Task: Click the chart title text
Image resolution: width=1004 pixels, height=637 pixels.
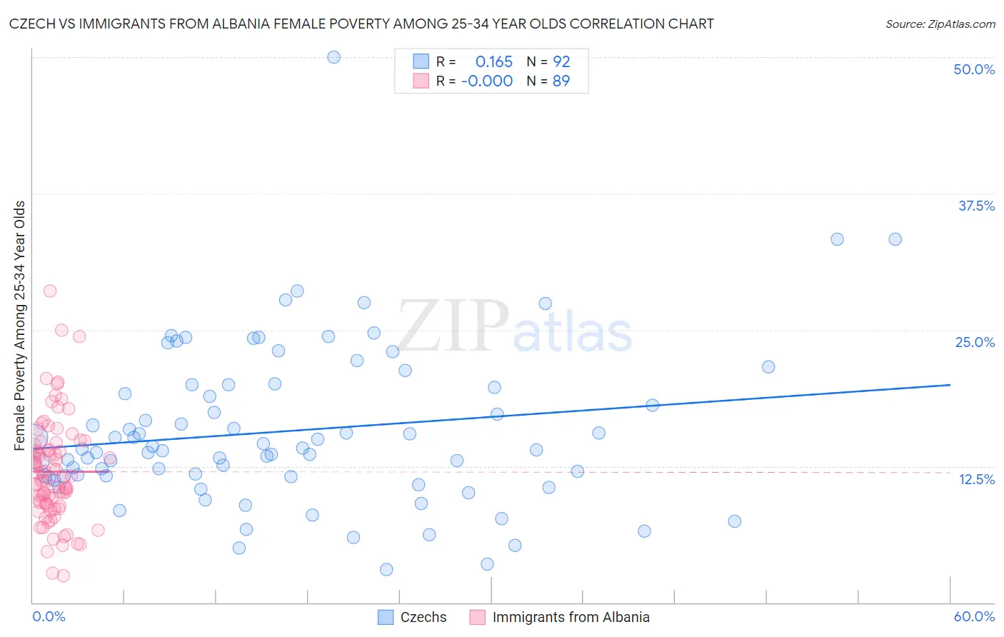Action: (x=361, y=24)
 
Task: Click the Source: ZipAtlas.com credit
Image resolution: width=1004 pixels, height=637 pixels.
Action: (x=940, y=24)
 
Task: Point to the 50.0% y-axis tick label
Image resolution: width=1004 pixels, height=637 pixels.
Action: (x=974, y=69)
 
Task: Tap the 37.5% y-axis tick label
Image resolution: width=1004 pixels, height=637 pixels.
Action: (x=976, y=206)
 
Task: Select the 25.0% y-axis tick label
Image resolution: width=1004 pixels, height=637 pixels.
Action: (x=975, y=342)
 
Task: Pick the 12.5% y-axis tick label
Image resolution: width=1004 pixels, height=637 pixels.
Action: (x=976, y=479)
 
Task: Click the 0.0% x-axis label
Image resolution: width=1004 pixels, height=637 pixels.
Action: (x=49, y=616)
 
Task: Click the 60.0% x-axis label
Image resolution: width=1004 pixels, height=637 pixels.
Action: (x=974, y=616)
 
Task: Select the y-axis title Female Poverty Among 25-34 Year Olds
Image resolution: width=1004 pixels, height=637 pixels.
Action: (x=20, y=326)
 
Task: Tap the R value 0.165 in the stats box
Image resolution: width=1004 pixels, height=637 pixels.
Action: (x=493, y=62)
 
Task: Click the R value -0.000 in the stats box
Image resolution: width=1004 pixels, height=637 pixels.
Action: (x=487, y=81)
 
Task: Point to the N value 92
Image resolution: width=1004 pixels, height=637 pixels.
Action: (x=561, y=62)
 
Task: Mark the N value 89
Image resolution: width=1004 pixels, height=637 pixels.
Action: (x=561, y=81)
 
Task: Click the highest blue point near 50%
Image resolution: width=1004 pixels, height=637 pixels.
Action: (x=333, y=57)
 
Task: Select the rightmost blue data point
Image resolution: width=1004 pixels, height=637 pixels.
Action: (x=895, y=239)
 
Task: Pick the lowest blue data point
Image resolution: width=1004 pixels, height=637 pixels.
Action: (x=386, y=569)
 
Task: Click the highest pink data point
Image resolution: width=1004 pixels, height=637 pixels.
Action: (x=50, y=291)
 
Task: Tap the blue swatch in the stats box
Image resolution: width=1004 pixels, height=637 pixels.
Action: (x=421, y=62)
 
